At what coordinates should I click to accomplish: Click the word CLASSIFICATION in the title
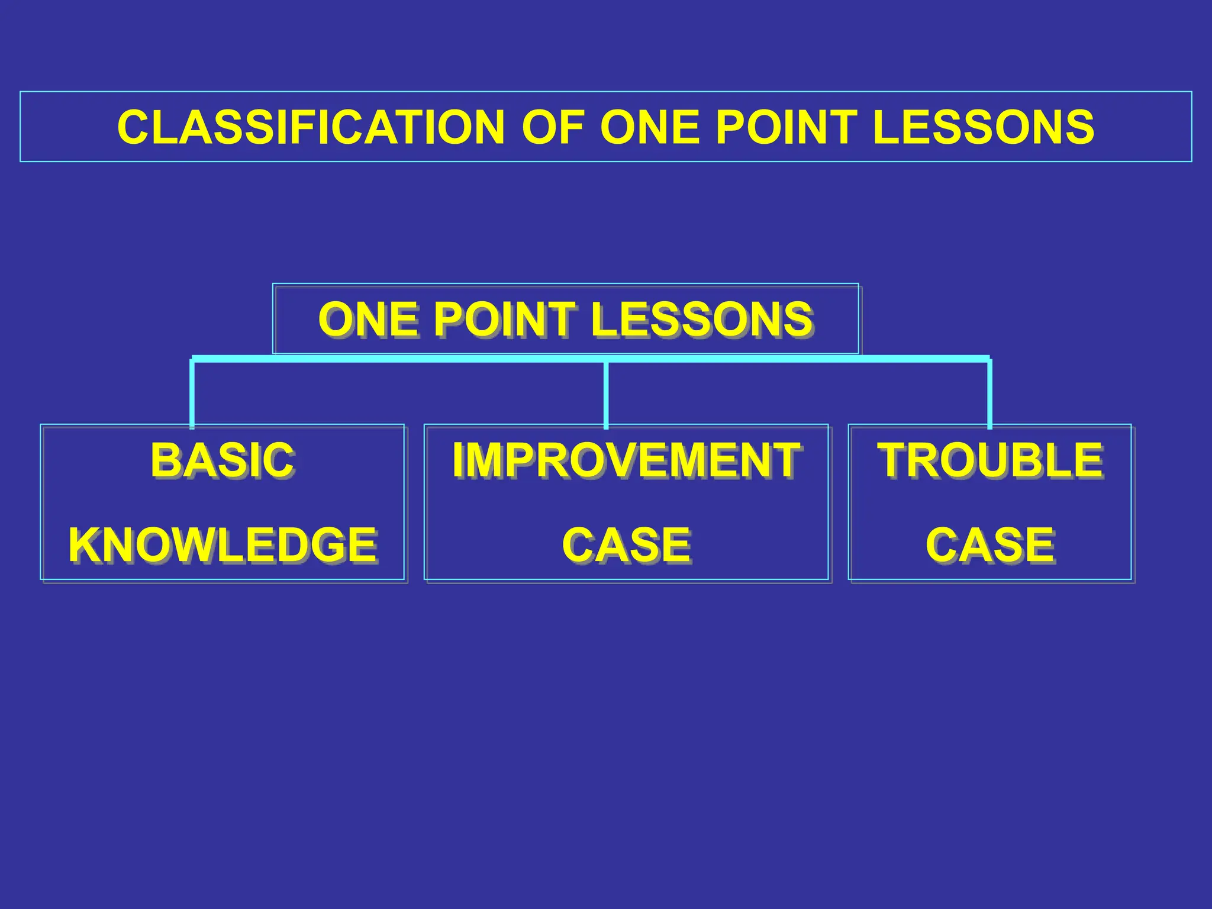click(x=311, y=127)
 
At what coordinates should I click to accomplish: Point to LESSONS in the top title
click(x=982, y=127)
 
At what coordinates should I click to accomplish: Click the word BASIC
click(x=222, y=460)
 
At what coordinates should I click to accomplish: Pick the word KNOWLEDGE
click(x=223, y=545)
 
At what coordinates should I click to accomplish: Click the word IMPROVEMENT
click(x=626, y=460)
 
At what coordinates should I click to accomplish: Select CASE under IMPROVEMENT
click(x=626, y=545)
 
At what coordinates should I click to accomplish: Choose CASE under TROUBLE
click(x=990, y=545)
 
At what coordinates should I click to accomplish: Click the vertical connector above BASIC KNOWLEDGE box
click(x=192, y=394)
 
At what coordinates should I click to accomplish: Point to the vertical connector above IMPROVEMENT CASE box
click(x=606, y=394)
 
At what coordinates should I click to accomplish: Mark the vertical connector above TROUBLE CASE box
click(x=989, y=394)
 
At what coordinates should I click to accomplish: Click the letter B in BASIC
click(x=165, y=460)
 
